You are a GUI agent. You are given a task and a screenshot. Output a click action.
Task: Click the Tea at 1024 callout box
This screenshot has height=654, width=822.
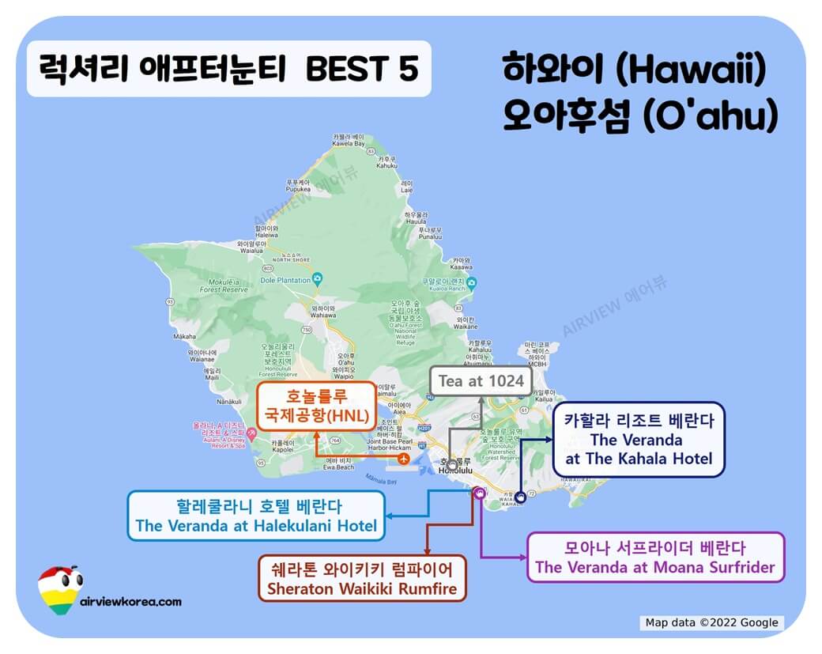pyautogui.click(x=481, y=380)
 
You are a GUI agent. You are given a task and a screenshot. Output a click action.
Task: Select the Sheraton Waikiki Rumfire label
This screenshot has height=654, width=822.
pyautogui.click(x=363, y=579)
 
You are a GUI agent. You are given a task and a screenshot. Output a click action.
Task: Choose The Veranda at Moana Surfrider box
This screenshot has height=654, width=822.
pyautogui.click(x=655, y=558)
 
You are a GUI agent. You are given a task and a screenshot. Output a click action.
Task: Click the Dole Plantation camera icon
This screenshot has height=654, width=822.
pyautogui.click(x=318, y=278)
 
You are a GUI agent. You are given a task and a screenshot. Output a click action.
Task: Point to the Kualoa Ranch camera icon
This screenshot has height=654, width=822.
pyautogui.click(x=472, y=282)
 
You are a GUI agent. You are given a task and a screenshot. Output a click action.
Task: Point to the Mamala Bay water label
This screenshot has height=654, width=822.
pyautogui.click(x=381, y=479)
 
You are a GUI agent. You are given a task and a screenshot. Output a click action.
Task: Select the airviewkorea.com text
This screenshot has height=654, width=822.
pyautogui.click(x=131, y=601)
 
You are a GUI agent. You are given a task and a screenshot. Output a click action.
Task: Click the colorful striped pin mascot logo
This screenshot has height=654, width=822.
pyautogui.click(x=58, y=588)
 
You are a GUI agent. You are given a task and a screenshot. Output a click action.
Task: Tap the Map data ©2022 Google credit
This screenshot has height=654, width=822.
pyautogui.click(x=711, y=622)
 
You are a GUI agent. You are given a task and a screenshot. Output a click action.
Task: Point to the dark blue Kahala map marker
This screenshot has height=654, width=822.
pyautogui.click(x=519, y=497)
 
